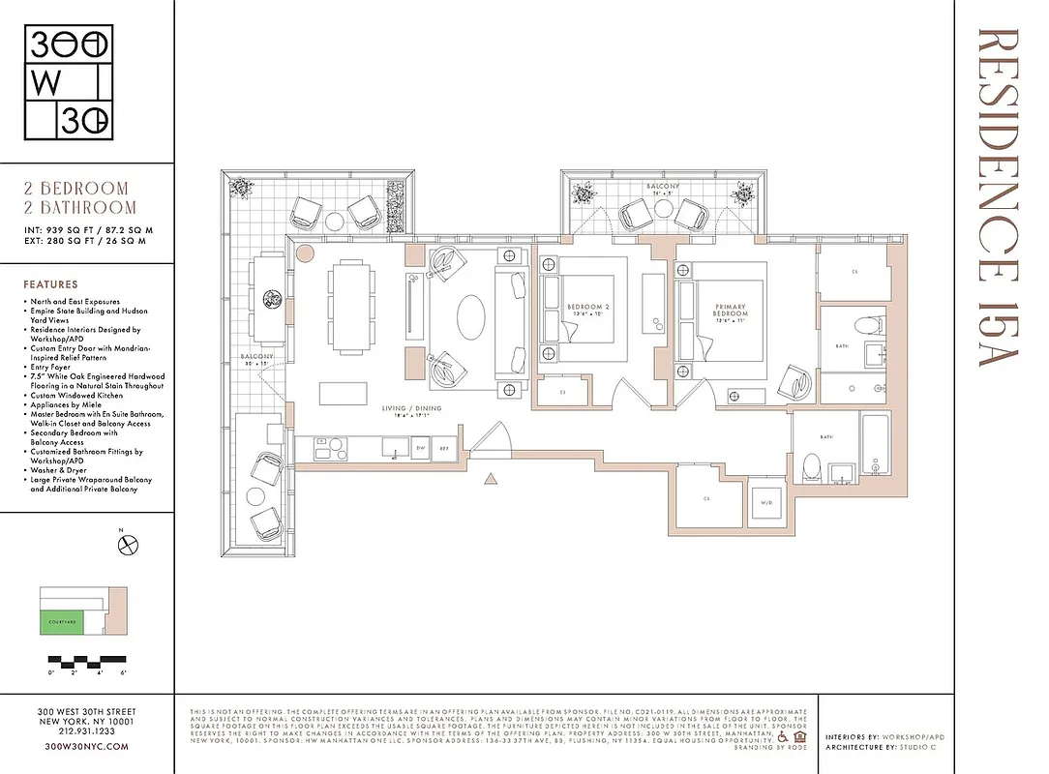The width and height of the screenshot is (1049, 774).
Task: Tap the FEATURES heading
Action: click(50, 285)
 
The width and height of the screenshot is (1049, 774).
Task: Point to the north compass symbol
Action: click(126, 545)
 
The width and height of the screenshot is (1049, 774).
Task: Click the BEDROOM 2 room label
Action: click(589, 310)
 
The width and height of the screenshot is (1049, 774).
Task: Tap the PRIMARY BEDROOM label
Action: click(731, 310)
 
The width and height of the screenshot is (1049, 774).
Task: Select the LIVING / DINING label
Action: click(415, 409)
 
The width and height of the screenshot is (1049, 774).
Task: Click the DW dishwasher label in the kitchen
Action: click(421, 449)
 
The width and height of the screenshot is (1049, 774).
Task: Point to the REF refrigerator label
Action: click(444, 449)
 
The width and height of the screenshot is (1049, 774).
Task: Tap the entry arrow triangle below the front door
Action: click(491, 477)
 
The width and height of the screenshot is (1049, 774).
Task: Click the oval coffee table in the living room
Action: click(471, 316)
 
